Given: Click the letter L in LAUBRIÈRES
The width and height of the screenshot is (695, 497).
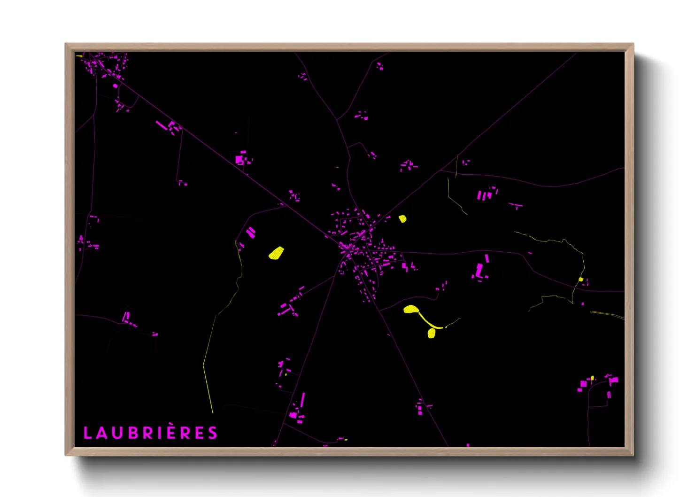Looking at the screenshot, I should (x=87, y=433).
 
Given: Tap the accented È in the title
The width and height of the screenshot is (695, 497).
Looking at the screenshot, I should (x=172, y=432).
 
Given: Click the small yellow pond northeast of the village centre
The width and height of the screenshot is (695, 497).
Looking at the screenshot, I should (x=402, y=218).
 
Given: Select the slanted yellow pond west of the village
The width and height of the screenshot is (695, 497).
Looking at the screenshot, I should (x=276, y=253).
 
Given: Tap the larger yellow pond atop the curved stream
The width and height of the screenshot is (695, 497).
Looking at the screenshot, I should (x=411, y=309).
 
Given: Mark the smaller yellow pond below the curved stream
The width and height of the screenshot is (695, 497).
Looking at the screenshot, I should (x=432, y=334).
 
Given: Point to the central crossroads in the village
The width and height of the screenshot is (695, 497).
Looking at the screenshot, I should (x=348, y=248).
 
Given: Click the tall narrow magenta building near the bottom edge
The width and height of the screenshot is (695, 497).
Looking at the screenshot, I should (x=303, y=401).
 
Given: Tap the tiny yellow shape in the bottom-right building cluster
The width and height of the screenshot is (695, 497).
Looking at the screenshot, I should (x=592, y=378).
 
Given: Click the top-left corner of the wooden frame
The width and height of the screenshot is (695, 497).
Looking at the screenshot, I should (x=66, y=44).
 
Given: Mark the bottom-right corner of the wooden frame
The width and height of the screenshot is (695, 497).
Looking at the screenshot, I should (x=633, y=455).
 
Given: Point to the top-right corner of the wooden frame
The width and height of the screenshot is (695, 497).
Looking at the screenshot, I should (x=633, y=44).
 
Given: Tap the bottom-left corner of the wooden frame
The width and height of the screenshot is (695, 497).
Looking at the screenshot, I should (x=66, y=455).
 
